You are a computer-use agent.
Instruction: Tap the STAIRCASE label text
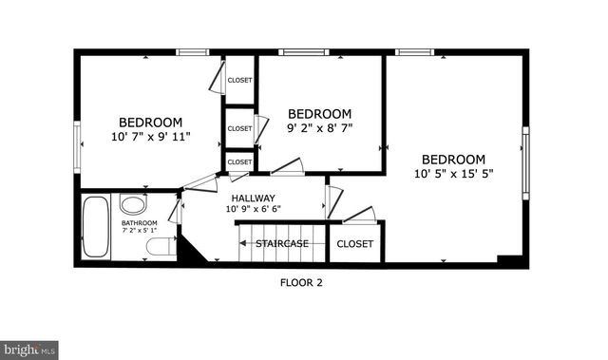[281, 244]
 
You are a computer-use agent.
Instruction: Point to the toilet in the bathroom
[158, 248]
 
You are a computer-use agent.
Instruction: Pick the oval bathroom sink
[131, 204]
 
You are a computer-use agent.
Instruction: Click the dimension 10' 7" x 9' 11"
[150, 136]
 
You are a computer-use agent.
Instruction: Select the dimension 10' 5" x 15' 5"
[453, 174]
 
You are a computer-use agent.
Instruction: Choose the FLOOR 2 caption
[301, 281]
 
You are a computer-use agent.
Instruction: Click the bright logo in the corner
[29, 349]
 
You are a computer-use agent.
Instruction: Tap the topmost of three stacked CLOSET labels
[239, 80]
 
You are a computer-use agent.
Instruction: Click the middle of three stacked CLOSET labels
[239, 128]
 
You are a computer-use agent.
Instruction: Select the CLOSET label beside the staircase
[355, 244]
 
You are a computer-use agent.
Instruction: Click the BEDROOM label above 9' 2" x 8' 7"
[319, 112]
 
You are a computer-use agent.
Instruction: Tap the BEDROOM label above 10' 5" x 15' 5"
[453, 159]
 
